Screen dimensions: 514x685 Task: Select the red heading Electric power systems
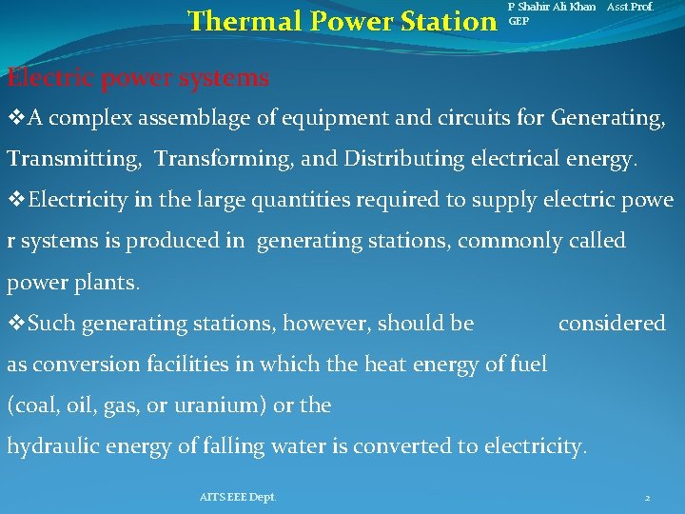click(x=138, y=77)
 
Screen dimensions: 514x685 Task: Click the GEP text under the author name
click(x=519, y=20)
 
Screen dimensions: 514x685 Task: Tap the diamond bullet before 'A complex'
click(x=15, y=119)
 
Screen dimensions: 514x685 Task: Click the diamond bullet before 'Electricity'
click(x=15, y=201)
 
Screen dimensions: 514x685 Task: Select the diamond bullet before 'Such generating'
click(x=15, y=324)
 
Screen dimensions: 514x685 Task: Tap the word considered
click(x=612, y=324)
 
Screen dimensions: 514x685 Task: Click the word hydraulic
click(x=49, y=445)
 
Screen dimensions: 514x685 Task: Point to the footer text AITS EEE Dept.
click(x=238, y=497)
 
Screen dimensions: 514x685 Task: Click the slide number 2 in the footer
click(x=647, y=498)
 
